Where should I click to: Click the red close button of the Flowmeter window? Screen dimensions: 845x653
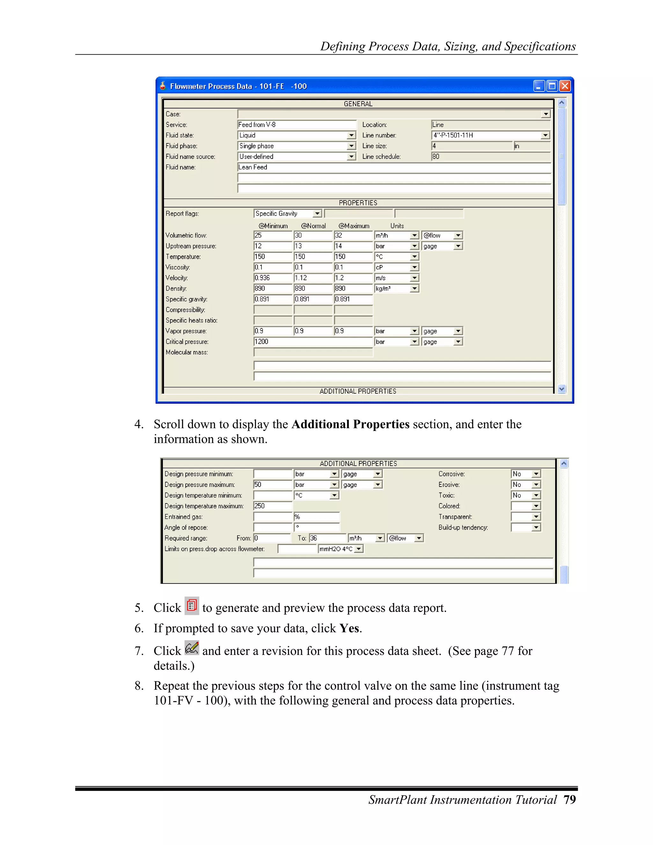pyautogui.click(x=565, y=86)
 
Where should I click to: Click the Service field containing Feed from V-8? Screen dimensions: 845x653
pyautogui.click(x=296, y=125)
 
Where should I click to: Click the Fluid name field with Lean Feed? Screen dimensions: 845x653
pyautogui.click(x=394, y=167)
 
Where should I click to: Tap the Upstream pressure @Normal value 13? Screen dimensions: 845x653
pyautogui.click(x=312, y=246)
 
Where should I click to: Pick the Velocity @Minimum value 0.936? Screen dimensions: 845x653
pyautogui.click(x=272, y=278)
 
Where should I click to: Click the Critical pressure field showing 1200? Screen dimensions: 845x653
pyautogui.click(x=312, y=342)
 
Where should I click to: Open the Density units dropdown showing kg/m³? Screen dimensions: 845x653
pyautogui.click(x=414, y=289)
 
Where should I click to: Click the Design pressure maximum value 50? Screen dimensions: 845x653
pyautogui.click(x=272, y=485)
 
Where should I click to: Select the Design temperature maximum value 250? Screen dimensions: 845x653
pyautogui.click(x=272, y=506)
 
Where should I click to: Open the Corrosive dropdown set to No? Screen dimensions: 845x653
pyautogui.click(x=536, y=474)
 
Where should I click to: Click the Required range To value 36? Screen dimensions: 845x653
pyautogui.click(x=327, y=538)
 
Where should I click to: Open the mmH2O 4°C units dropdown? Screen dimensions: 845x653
pyautogui.click(x=359, y=549)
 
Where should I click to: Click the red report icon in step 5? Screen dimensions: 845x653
pyautogui.click(x=192, y=606)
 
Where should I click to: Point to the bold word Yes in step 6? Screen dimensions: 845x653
pyautogui.click(x=349, y=628)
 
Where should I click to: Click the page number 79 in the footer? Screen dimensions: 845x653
pyautogui.click(x=569, y=800)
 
